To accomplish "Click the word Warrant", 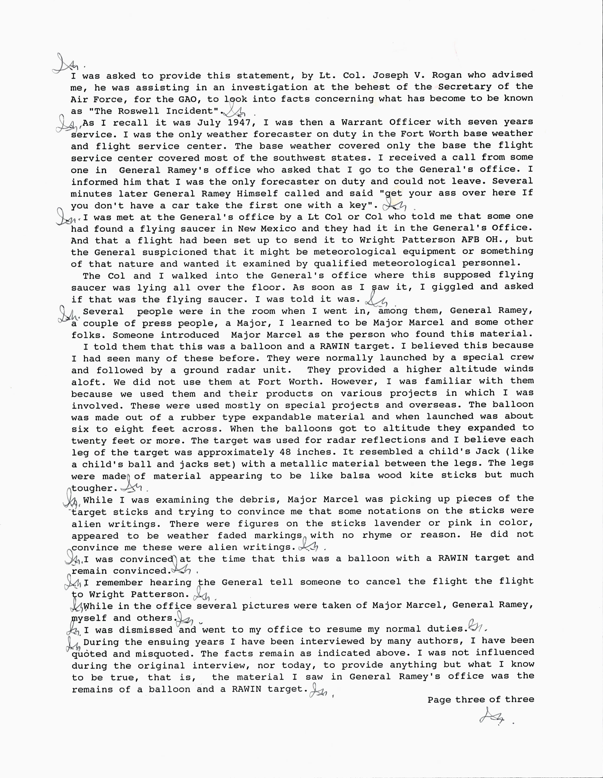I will point(362,122).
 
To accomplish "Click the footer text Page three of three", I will point(481,700).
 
